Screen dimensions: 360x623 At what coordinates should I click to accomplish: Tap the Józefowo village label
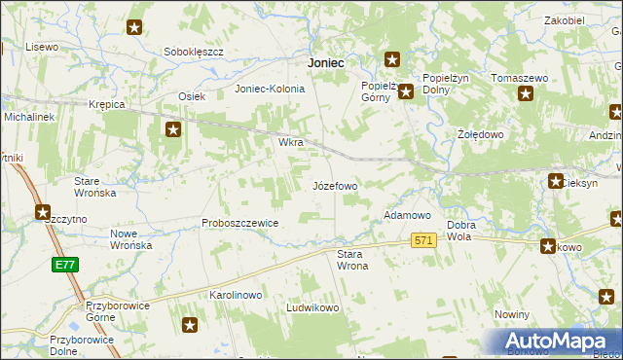click(335, 185)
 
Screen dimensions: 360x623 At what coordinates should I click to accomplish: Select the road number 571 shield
click(422, 240)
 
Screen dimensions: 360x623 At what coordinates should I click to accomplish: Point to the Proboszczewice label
click(240, 223)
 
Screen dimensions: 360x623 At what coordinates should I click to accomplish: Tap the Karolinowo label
click(237, 293)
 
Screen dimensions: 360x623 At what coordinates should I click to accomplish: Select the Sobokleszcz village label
click(195, 52)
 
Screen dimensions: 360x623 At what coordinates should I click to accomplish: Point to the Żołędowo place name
click(479, 133)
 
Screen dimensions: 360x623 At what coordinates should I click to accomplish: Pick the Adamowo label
click(407, 214)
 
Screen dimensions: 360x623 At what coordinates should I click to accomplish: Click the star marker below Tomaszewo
click(527, 94)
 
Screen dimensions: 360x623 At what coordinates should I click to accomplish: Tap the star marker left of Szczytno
click(43, 211)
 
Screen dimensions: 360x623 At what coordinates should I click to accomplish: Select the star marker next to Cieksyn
click(556, 180)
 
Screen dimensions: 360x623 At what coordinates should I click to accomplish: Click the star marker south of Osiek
click(173, 129)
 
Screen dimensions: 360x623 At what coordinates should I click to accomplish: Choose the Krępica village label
click(107, 104)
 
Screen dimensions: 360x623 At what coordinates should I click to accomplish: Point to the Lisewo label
click(43, 47)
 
